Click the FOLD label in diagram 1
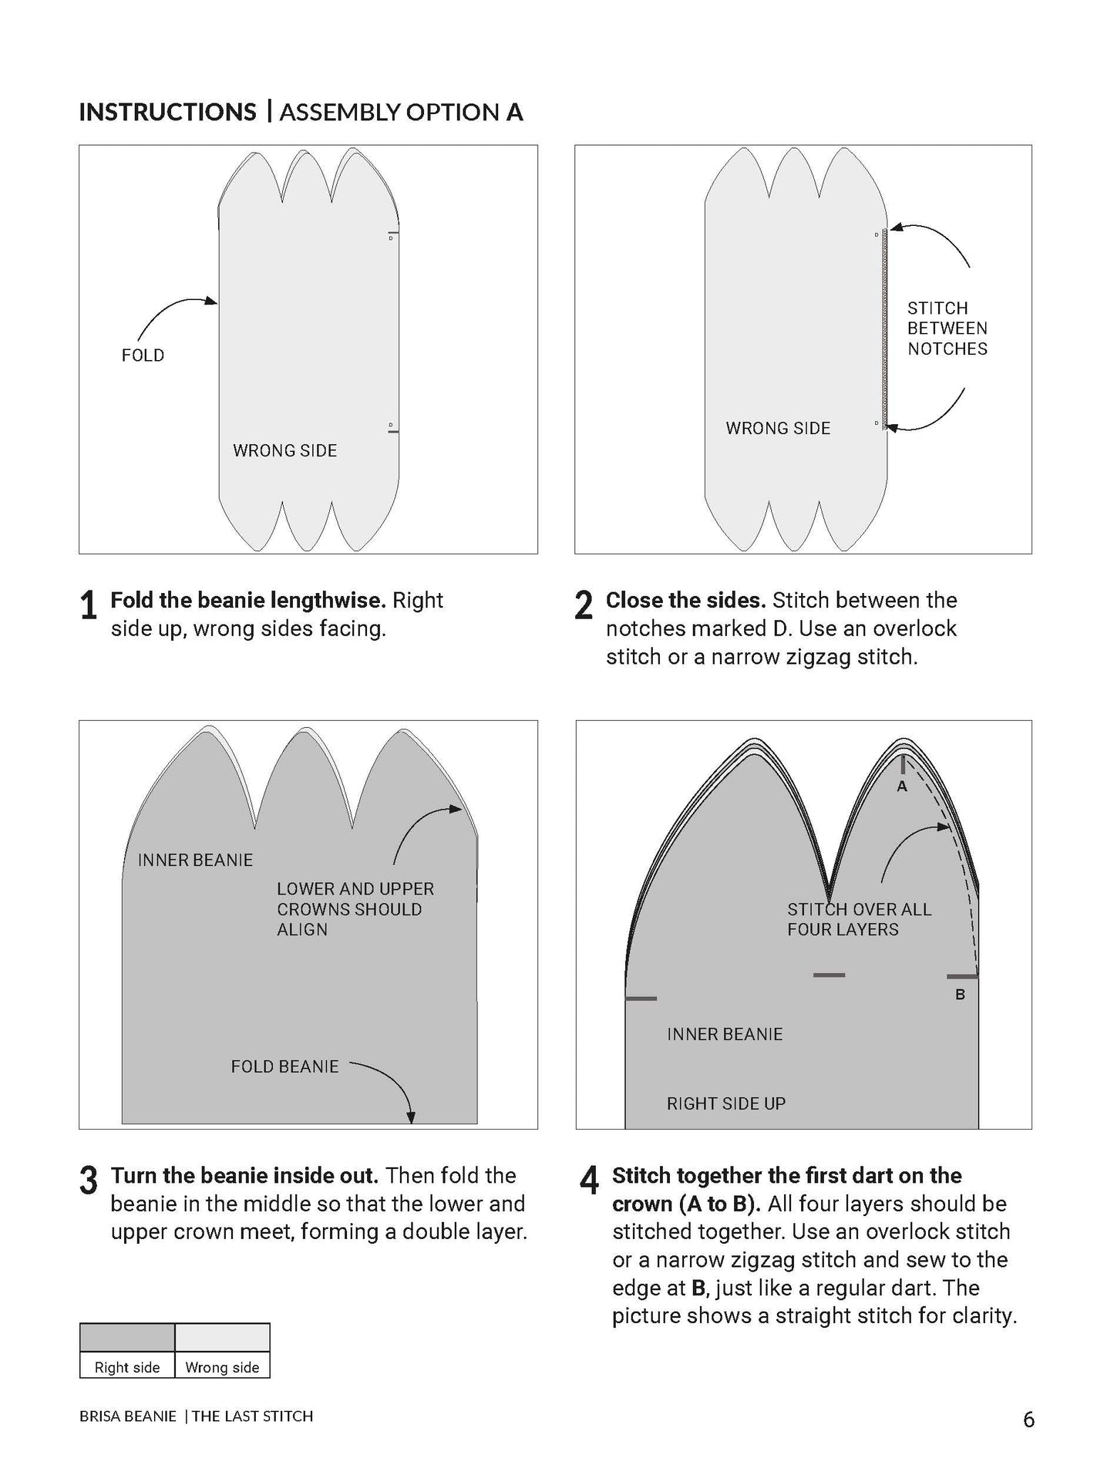[x=143, y=355]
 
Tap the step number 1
[x=89, y=606]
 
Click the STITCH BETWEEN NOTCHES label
[x=947, y=328]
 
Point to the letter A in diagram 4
[x=902, y=786]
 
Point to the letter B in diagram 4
[x=960, y=995]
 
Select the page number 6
[x=1028, y=1420]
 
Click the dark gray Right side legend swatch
[x=127, y=1338]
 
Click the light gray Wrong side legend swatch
[x=223, y=1338]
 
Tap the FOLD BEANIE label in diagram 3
[x=284, y=1066]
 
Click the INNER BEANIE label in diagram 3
[x=195, y=860]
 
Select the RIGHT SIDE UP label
[x=725, y=1103]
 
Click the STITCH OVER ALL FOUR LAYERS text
[x=858, y=919]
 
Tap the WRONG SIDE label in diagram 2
[x=778, y=428]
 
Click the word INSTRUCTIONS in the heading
[x=167, y=112]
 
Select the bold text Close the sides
[x=685, y=600]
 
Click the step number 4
[x=589, y=1181]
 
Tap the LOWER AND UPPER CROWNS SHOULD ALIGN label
[x=355, y=909]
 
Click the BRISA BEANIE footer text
[x=128, y=1416]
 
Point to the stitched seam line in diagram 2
[x=885, y=328]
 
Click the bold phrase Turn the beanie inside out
[x=244, y=1175]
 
